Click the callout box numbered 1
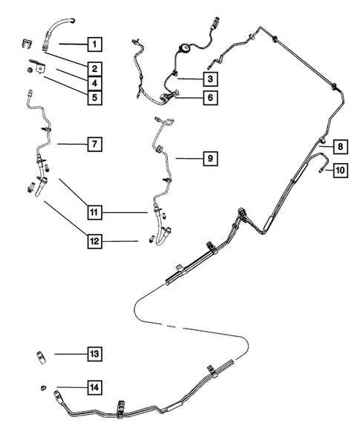point(94,42)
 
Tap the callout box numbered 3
point(210,77)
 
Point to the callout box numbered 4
point(94,82)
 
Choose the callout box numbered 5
point(94,96)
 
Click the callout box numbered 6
point(210,97)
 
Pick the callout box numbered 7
point(94,144)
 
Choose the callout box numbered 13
point(94,355)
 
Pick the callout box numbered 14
point(94,387)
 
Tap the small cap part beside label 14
point(42,387)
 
